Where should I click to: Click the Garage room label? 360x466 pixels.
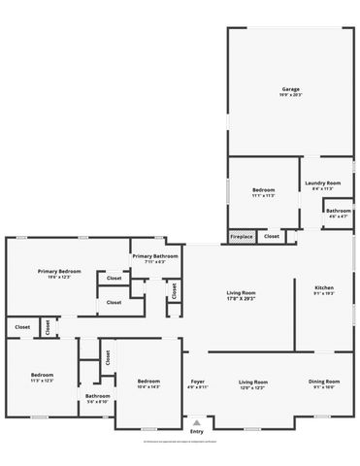point(291,89)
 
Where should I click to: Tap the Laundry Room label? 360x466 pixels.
point(322,183)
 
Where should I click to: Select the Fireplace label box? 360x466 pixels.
point(242,236)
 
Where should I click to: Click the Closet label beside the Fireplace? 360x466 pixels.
point(272,236)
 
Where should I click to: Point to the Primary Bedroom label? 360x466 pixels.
point(59,271)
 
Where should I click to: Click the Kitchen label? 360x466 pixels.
point(324,288)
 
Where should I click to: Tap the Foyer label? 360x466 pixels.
point(197,382)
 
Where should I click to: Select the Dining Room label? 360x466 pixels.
point(324,382)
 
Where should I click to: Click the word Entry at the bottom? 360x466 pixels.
point(197,433)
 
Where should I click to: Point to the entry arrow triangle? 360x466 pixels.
point(197,423)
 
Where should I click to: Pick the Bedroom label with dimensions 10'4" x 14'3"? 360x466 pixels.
point(148,382)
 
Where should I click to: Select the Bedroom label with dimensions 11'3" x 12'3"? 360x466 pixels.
point(41,375)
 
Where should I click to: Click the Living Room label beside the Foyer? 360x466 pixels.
point(253,382)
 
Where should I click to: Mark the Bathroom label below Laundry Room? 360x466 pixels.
point(339,211)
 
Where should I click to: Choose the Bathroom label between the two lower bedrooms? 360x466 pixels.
point(97,395)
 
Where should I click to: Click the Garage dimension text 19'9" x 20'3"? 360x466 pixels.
point(291,95)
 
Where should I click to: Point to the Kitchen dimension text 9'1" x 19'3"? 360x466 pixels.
point(324,294)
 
